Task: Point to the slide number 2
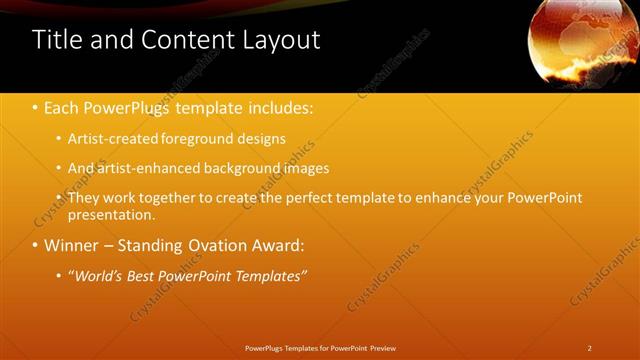(590, 348)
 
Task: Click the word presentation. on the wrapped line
(112, 214)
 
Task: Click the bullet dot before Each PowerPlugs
(36, 106)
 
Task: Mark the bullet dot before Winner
(36, 245)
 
